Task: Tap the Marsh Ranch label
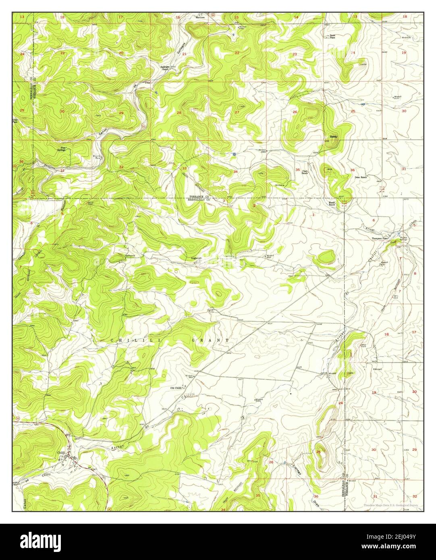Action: (332, 203)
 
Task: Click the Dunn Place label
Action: (332, 37)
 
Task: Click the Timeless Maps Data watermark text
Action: (390, 505)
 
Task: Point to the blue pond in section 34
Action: (234, 154)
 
